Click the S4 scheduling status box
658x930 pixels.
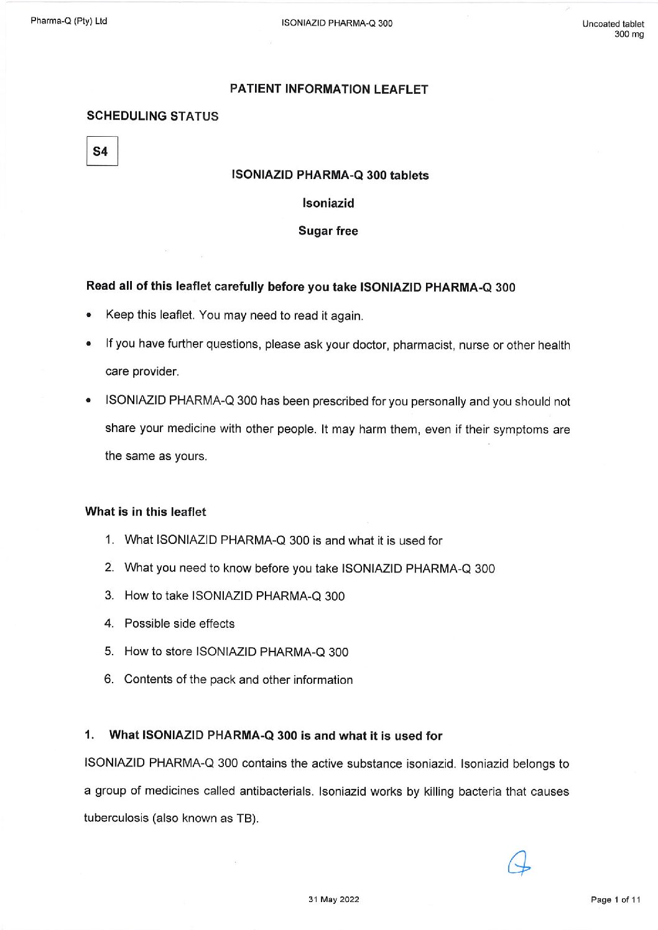pyautogui.click(x=101, y=152)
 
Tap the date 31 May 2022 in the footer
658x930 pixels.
pyautogui.click(x=333, y=899)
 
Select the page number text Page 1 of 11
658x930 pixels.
pyautogui.click(x=615, y=900)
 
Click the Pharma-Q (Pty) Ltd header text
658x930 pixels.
pyautogui.click(x=68, y=21)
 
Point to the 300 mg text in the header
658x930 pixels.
pyautogui.click(x=629, y=34)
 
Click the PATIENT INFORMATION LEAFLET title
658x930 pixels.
pyautogui.click(x=328, y=90)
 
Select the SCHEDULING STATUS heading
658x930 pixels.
pyautogui.click(x=152, y=116)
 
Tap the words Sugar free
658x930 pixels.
pyautogui.click(x=328, y=231)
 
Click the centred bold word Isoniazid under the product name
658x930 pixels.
pyautogui.click(x=328, y=203)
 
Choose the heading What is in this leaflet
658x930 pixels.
pyautogui.click(x=146, y=512)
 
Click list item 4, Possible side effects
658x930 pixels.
pyautogui.click(x=179, y=624)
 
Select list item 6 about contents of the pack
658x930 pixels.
pyautogui.click(x=238, y=679)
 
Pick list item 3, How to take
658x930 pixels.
pyautogui.click(x=234, y=596)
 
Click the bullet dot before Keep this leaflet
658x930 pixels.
pyautogui.click(x=90, y=315)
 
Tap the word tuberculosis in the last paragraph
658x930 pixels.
pyautogui.click(x=116, y=818)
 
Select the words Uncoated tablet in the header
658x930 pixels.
pyautogui.click(x=613, y=24)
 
